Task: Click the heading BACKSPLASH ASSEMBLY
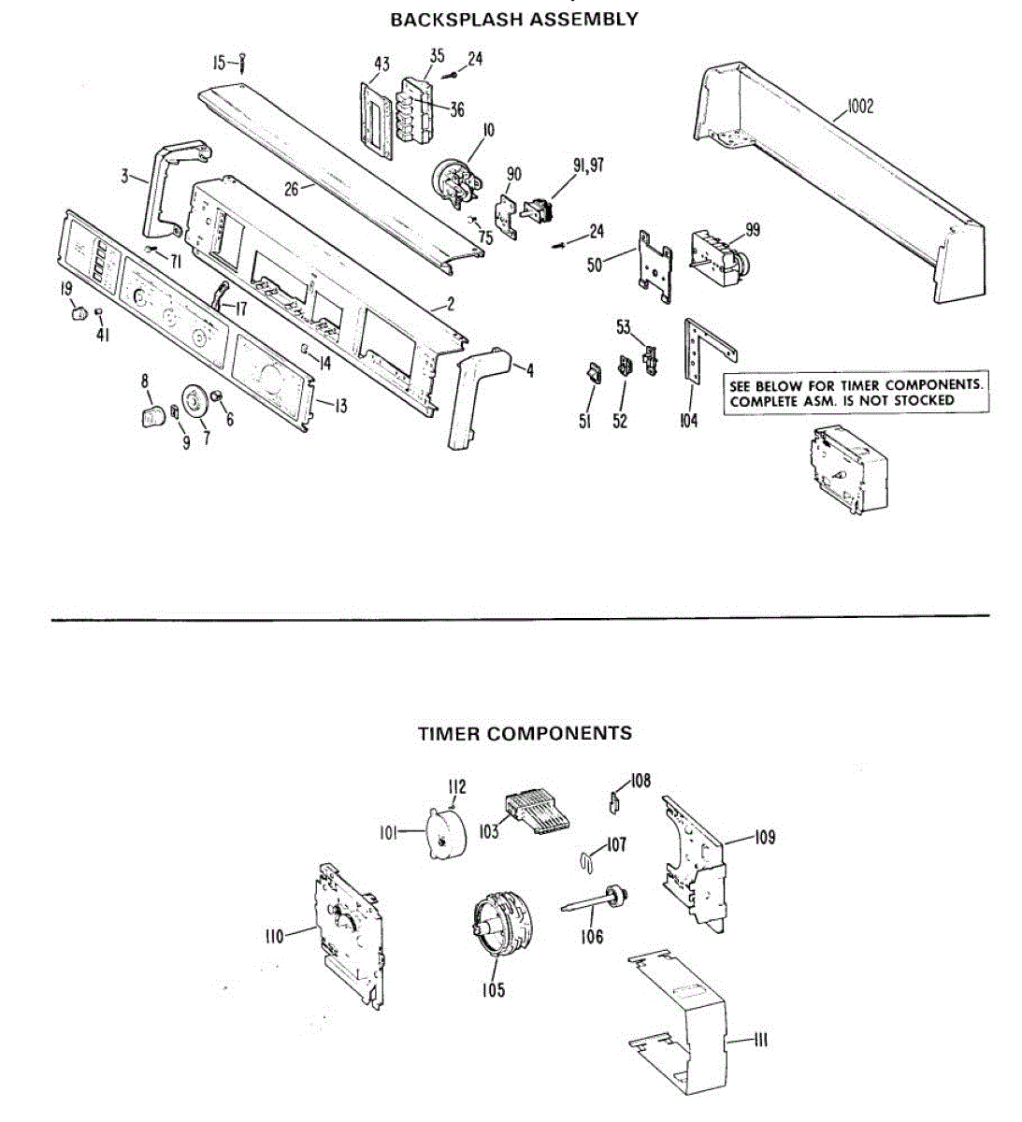(513, 19)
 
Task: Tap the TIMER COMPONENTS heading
(524, 734)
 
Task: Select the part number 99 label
(753, 230)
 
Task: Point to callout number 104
(688, 421)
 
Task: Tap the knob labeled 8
(151, 413)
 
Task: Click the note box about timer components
(856, 393)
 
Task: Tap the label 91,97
(588, 166)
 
